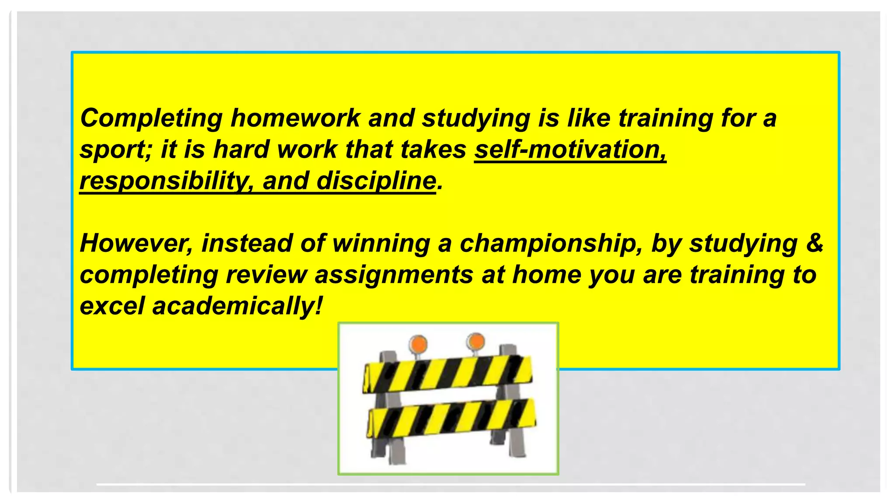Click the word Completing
[x=151, y=119]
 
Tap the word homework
[x=295, y=119]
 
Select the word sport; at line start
[x=115, y=150]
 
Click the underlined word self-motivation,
[x=570, y=150]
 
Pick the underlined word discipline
[x=376, y=181]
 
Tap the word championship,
[x=551, y=244]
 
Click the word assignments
[x=394, y=275]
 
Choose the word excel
[x=112, y=306]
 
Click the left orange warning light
[x=418, y=344]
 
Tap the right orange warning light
[x=475, y=341]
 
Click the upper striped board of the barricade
[x=448, y=374]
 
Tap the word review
[x=267, y=275]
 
